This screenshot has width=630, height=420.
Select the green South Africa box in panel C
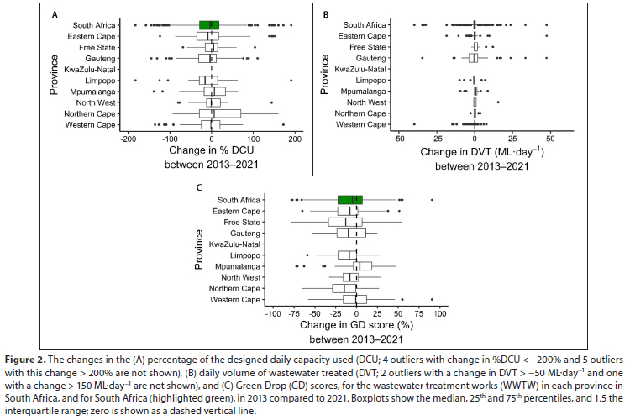(349, 199)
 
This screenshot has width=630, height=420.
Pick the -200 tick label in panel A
(126, 139)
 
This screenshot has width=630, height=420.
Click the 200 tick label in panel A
(295, 139)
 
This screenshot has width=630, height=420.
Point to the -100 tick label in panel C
(271, 312)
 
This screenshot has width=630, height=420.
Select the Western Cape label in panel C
(236, 299)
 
